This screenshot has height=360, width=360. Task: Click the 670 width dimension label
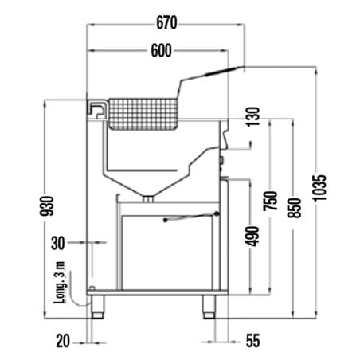166,23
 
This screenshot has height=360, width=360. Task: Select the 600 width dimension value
162,50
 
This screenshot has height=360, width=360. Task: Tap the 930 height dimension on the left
47,205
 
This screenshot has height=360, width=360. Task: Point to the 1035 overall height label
319,188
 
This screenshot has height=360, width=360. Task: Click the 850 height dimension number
295,208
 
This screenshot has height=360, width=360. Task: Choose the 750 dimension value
270,201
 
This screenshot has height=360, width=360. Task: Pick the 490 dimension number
252,237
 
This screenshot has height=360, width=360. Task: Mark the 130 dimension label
252,117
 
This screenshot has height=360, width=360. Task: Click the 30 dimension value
58,243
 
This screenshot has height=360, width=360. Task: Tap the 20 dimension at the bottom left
63,341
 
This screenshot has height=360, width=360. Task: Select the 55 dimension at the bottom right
252,341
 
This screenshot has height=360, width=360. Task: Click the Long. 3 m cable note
60,283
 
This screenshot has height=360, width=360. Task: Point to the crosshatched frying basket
143,114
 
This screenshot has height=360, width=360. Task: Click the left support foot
97,307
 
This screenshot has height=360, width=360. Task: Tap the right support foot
209,307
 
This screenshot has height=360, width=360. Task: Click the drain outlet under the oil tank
148,198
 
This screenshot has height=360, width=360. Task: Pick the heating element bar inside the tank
142,170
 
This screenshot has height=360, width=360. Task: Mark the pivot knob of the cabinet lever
217,213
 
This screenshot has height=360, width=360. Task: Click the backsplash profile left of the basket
97,110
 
